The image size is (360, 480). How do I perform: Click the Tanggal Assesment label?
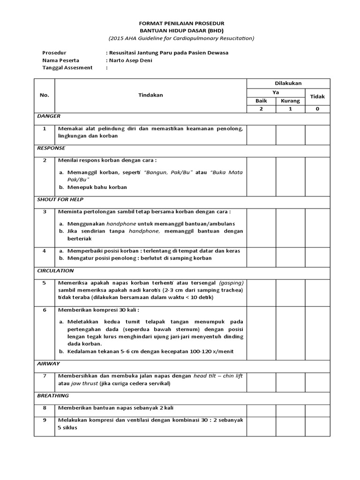point(67,67)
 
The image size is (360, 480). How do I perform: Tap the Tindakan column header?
point(150,95)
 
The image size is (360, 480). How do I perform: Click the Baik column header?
point(261,101)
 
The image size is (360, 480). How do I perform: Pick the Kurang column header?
point(290,101)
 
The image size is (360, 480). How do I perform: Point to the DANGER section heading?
point(48,116)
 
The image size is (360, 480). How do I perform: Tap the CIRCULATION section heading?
point(55,270)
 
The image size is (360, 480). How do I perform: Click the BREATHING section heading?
point(52,396)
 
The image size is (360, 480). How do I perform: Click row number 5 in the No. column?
point(45,283)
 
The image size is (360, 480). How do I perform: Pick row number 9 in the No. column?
point(45,420)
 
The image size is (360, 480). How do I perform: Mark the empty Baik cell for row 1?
point(261,134)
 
